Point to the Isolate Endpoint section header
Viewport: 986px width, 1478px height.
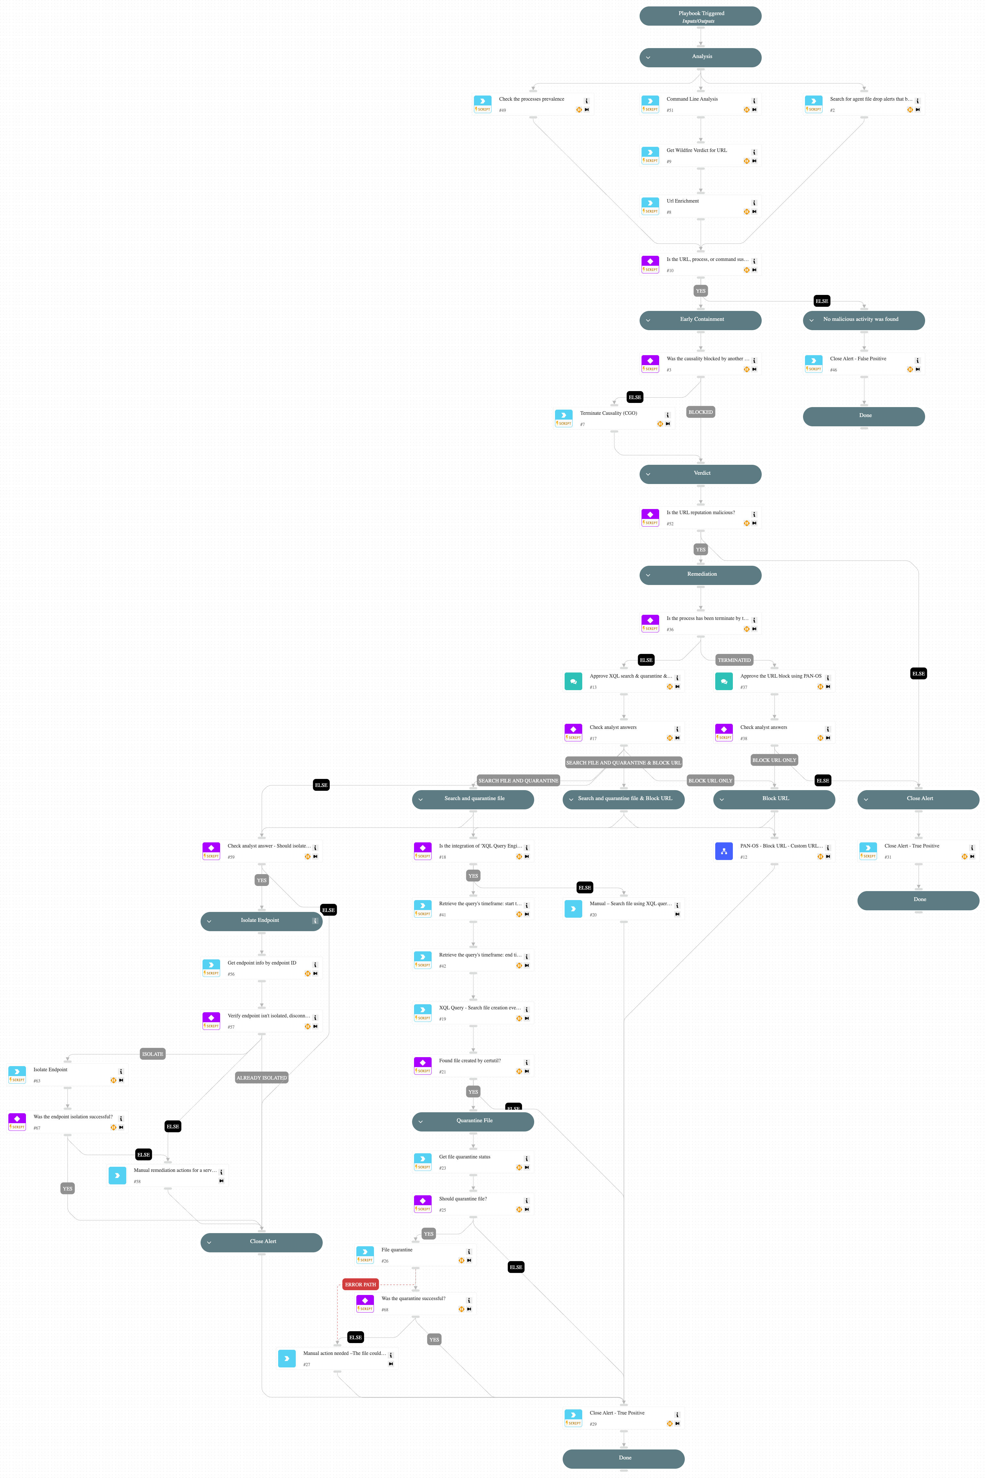pyautogui.click(x=261, y=921)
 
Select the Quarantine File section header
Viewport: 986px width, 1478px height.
pyautogui.click(x=473, y=1121)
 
